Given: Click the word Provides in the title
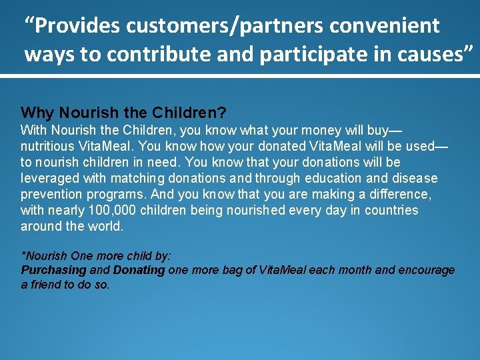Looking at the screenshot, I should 79,26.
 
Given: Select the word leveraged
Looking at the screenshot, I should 47,178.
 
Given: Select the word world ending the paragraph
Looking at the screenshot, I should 109,226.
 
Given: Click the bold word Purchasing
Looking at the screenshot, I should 54,270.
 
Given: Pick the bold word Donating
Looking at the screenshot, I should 139,270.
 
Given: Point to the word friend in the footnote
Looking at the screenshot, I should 46,284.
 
